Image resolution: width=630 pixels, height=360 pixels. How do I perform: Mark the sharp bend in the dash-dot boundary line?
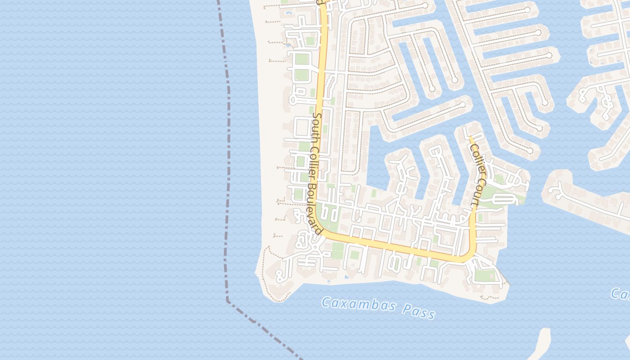(x=228, y=300)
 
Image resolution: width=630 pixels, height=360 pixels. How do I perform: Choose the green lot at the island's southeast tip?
(x=485, y=274)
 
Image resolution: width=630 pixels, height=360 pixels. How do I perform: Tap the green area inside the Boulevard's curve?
(x=331, y=216)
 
